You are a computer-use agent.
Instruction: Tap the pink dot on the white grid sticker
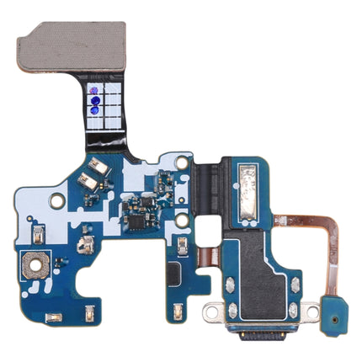[94, 89]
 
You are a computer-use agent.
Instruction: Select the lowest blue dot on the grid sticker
[95, 108]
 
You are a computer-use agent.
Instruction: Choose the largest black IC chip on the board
[135, 218]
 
